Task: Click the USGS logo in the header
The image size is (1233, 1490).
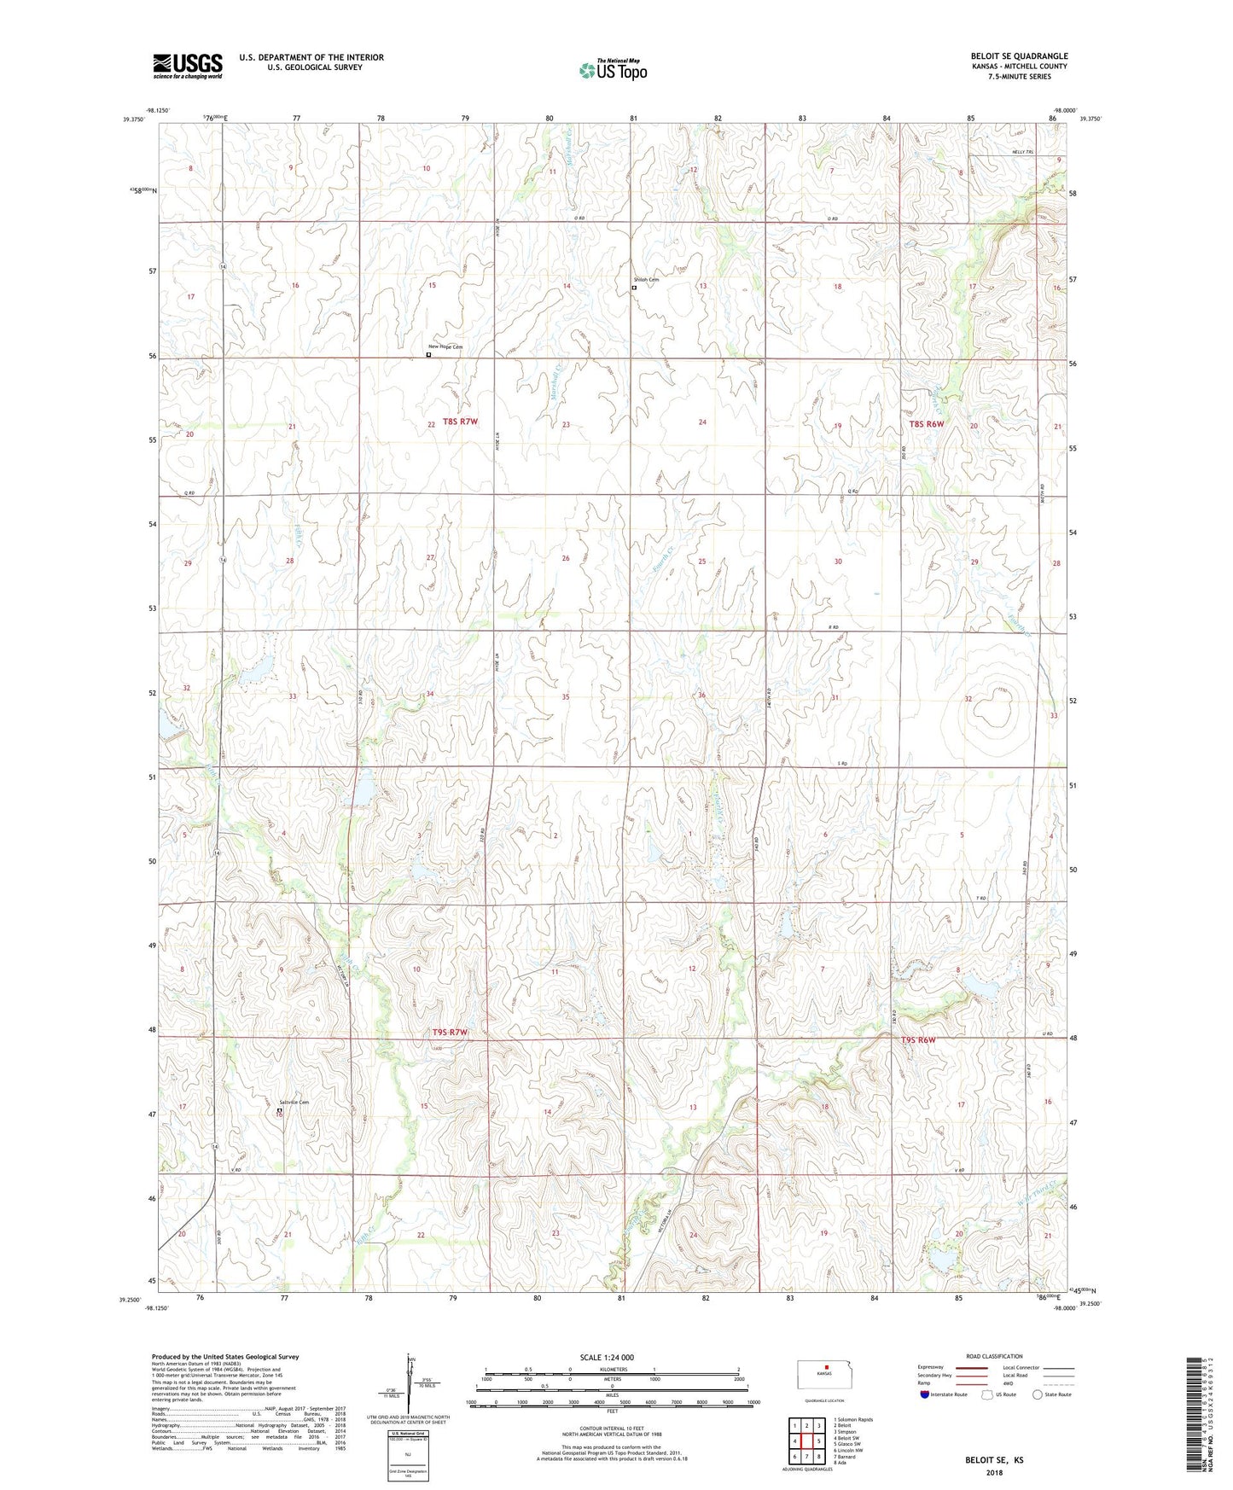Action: [187, 66]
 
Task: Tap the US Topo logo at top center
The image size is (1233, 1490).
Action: [613, 70]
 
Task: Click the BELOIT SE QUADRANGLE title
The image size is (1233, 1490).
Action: [1019, 56]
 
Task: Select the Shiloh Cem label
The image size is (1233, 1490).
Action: [646, 280]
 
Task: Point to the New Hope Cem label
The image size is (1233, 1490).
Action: [445, 346]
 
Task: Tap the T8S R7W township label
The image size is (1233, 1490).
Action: [460, 422]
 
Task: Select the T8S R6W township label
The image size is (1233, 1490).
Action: [926, 423]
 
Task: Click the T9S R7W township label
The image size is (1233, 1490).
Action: [450, 1033]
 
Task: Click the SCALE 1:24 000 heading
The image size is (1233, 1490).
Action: [606, 1357]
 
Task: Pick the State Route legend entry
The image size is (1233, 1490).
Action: [1051, 1394]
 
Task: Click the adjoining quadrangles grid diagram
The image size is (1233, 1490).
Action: [806, 1441]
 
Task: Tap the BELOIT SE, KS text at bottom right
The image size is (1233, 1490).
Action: [994, 1459]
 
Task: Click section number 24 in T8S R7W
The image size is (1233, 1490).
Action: [702, 422]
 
